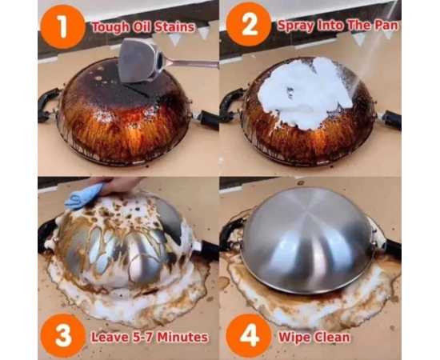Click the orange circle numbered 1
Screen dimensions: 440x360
click(63, 26)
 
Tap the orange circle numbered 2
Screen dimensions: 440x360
click(249, 25)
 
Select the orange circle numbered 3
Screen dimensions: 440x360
click(63, 335)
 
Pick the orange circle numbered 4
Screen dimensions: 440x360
click(249, 336)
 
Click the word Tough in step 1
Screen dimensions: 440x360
click(110, 27)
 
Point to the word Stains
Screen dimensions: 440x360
click(174, 27)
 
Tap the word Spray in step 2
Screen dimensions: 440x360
click(296, 26)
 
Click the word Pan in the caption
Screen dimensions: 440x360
click(386, 26)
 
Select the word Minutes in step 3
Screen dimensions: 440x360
click(182, 337)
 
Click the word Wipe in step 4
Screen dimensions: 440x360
click(294, 337)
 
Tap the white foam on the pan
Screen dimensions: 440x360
click(306, 91)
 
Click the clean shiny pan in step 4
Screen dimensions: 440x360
click(308, 241)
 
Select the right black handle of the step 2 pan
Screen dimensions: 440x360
click(391, 119)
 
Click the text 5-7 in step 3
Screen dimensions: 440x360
click(142, 337)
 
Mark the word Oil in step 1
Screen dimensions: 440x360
click(142, 27)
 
